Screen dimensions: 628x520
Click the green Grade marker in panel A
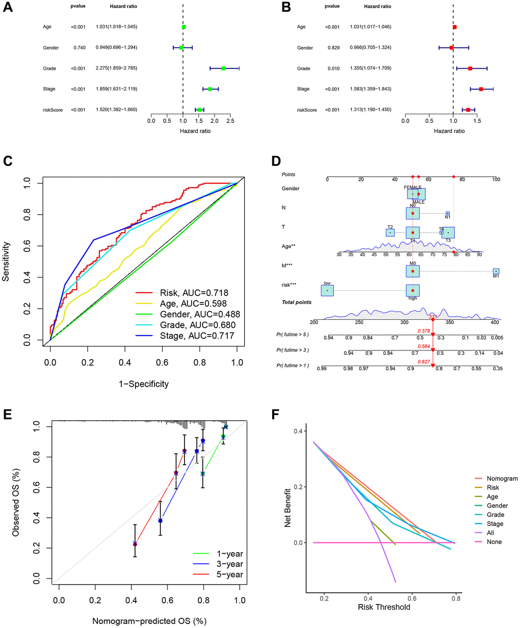click(223, 68)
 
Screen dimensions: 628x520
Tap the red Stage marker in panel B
click(481, 89)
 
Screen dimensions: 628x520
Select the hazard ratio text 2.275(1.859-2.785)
click(116, 68)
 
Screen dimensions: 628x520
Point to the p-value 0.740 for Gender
click(78, 47)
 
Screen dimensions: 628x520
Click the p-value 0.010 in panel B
click(333, 68)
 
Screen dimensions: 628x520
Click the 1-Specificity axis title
click(144, 384)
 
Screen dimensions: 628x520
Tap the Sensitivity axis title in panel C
click(7, 262)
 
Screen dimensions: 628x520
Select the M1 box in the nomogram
click(496, 271)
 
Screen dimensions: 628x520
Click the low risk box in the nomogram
click(327, 290)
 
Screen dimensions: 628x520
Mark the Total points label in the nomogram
click(297, 303)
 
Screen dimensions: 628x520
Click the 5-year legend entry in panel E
click(218, 575)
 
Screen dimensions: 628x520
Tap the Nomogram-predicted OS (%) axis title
click(149, 621)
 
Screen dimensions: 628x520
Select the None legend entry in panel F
click(494, 542)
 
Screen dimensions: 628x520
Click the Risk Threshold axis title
click(384, 607)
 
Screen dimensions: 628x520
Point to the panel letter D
click(276, 161)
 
